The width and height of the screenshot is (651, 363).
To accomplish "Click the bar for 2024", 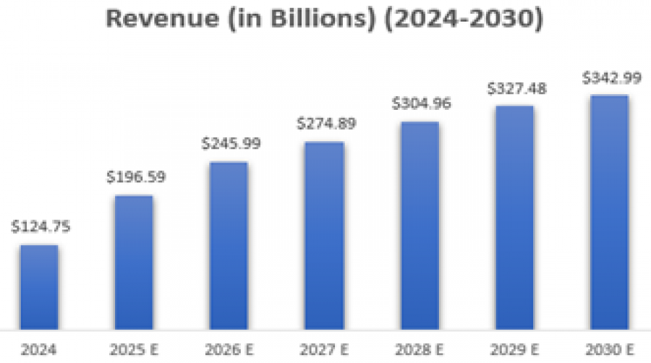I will click(39, 287).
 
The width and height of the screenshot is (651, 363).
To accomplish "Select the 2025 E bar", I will click(134, 262).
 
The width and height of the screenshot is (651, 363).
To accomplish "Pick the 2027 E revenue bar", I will click(324, 236).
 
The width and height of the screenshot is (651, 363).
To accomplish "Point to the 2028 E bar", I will click(420, 226).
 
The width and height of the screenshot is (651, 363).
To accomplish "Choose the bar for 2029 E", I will click(514, 218).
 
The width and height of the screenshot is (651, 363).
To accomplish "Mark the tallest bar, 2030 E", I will click(609, 212).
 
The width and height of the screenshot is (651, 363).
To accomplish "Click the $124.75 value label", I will click(40, 227).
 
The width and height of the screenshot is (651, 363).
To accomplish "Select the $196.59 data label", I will click(135, 177).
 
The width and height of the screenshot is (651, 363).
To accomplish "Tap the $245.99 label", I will click(229, 144).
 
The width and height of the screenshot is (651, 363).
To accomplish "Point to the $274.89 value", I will click(325, 124).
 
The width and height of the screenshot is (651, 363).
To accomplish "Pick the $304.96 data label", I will click(420, 103).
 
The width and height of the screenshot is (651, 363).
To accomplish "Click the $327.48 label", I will click(515, 88).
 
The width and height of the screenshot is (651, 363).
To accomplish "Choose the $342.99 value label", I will click(610, 77).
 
